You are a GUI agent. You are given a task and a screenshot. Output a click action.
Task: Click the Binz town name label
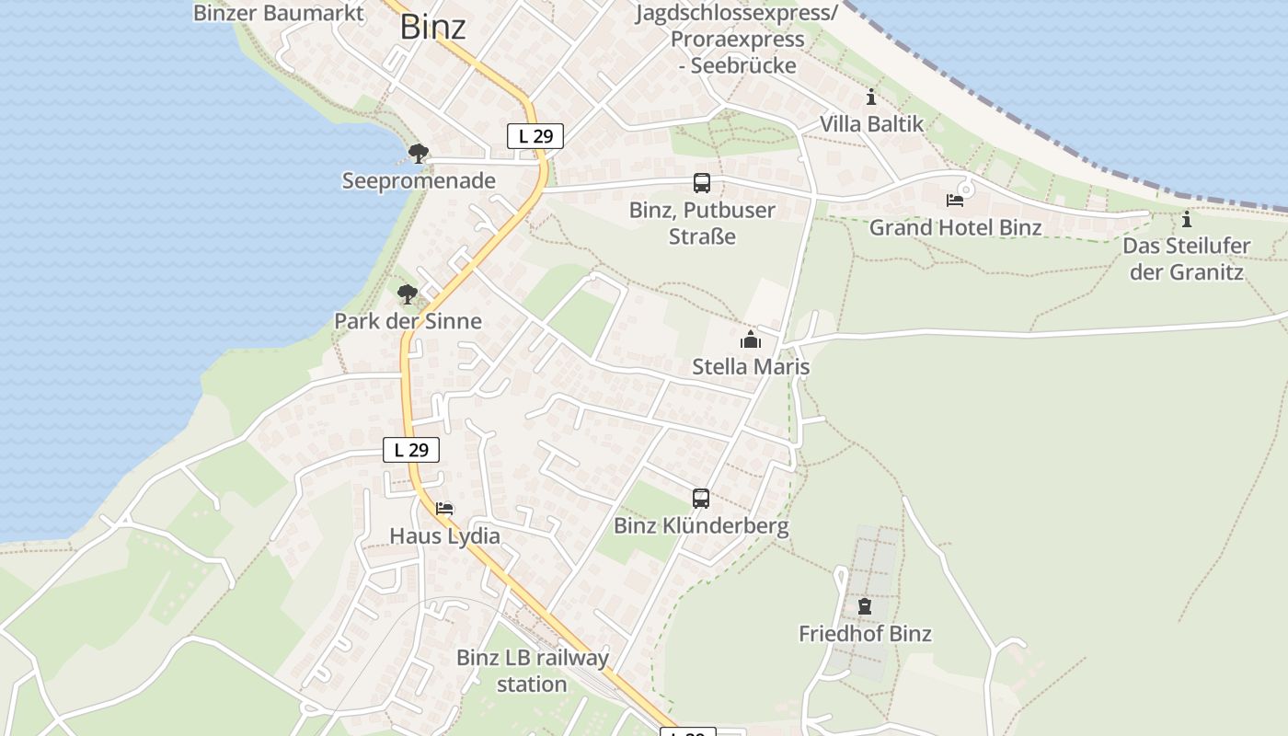point(432,27)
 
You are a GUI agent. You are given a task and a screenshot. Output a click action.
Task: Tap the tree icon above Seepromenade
point(419,153)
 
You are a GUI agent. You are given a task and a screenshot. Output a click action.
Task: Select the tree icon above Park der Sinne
point(408,294)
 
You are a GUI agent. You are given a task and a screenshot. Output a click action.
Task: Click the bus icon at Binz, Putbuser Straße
point(702,183)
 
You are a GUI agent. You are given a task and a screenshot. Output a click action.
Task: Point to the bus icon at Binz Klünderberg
point(701,499)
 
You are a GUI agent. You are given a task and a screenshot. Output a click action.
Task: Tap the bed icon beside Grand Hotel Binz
point(955,201)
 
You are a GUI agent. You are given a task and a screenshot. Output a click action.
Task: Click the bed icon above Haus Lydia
point(444,508)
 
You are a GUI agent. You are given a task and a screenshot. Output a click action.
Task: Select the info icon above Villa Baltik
point(871,97)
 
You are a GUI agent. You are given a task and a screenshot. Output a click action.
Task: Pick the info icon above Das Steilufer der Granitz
point(1187,219)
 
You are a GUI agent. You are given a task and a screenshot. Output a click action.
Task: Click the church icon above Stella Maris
point(751,340)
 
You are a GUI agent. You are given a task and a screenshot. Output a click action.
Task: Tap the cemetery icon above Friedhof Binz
point(865,606)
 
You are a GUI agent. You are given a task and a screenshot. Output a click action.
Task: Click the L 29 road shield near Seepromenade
point(535,136)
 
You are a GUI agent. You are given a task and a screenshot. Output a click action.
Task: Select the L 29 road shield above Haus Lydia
point(411,450)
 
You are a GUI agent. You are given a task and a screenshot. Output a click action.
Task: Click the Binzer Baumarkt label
point(279,13)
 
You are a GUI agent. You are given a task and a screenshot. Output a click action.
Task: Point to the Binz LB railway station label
point(533,671)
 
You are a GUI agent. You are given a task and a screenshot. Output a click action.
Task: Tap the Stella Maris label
point(751,367)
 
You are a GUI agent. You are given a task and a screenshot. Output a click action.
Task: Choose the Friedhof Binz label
point(865,634)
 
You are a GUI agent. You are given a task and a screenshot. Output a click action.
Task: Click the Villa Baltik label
point(871,123)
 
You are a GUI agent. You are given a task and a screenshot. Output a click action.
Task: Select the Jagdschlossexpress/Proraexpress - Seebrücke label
point(737,40)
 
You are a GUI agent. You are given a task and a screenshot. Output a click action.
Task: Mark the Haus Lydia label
point(445,535)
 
